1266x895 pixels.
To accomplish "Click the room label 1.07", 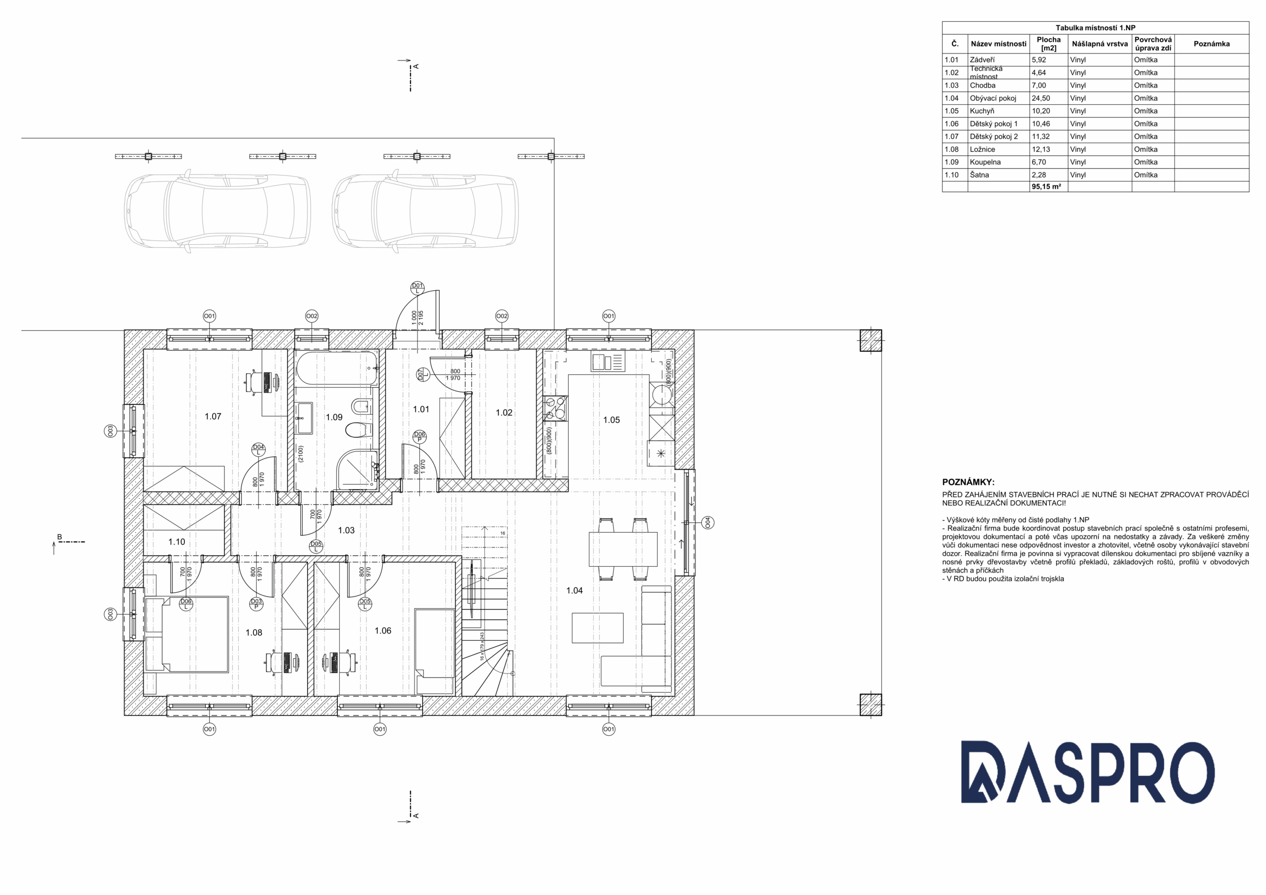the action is [213, 416].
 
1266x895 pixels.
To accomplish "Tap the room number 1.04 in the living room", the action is [574, 590].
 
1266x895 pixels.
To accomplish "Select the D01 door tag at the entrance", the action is [417, 288].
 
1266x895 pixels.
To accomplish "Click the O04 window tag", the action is [708, 522].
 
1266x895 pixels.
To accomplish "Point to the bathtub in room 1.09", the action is [336, 369].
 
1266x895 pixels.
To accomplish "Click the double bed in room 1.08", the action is [187, 634].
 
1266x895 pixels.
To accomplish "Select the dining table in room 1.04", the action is [623, 549].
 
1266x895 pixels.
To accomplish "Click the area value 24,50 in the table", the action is [1040, 98].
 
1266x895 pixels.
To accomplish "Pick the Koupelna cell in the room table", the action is [985, 162].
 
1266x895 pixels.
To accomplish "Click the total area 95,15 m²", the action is [1046, 187].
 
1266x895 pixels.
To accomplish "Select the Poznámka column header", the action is [1212, 44].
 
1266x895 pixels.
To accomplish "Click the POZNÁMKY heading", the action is [968, 482].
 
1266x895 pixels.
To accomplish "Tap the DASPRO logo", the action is [1088, 771].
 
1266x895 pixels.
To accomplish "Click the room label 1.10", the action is [177, 541].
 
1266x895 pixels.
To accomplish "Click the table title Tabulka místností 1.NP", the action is [1095, 28].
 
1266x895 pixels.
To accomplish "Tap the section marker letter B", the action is [59, 537].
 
